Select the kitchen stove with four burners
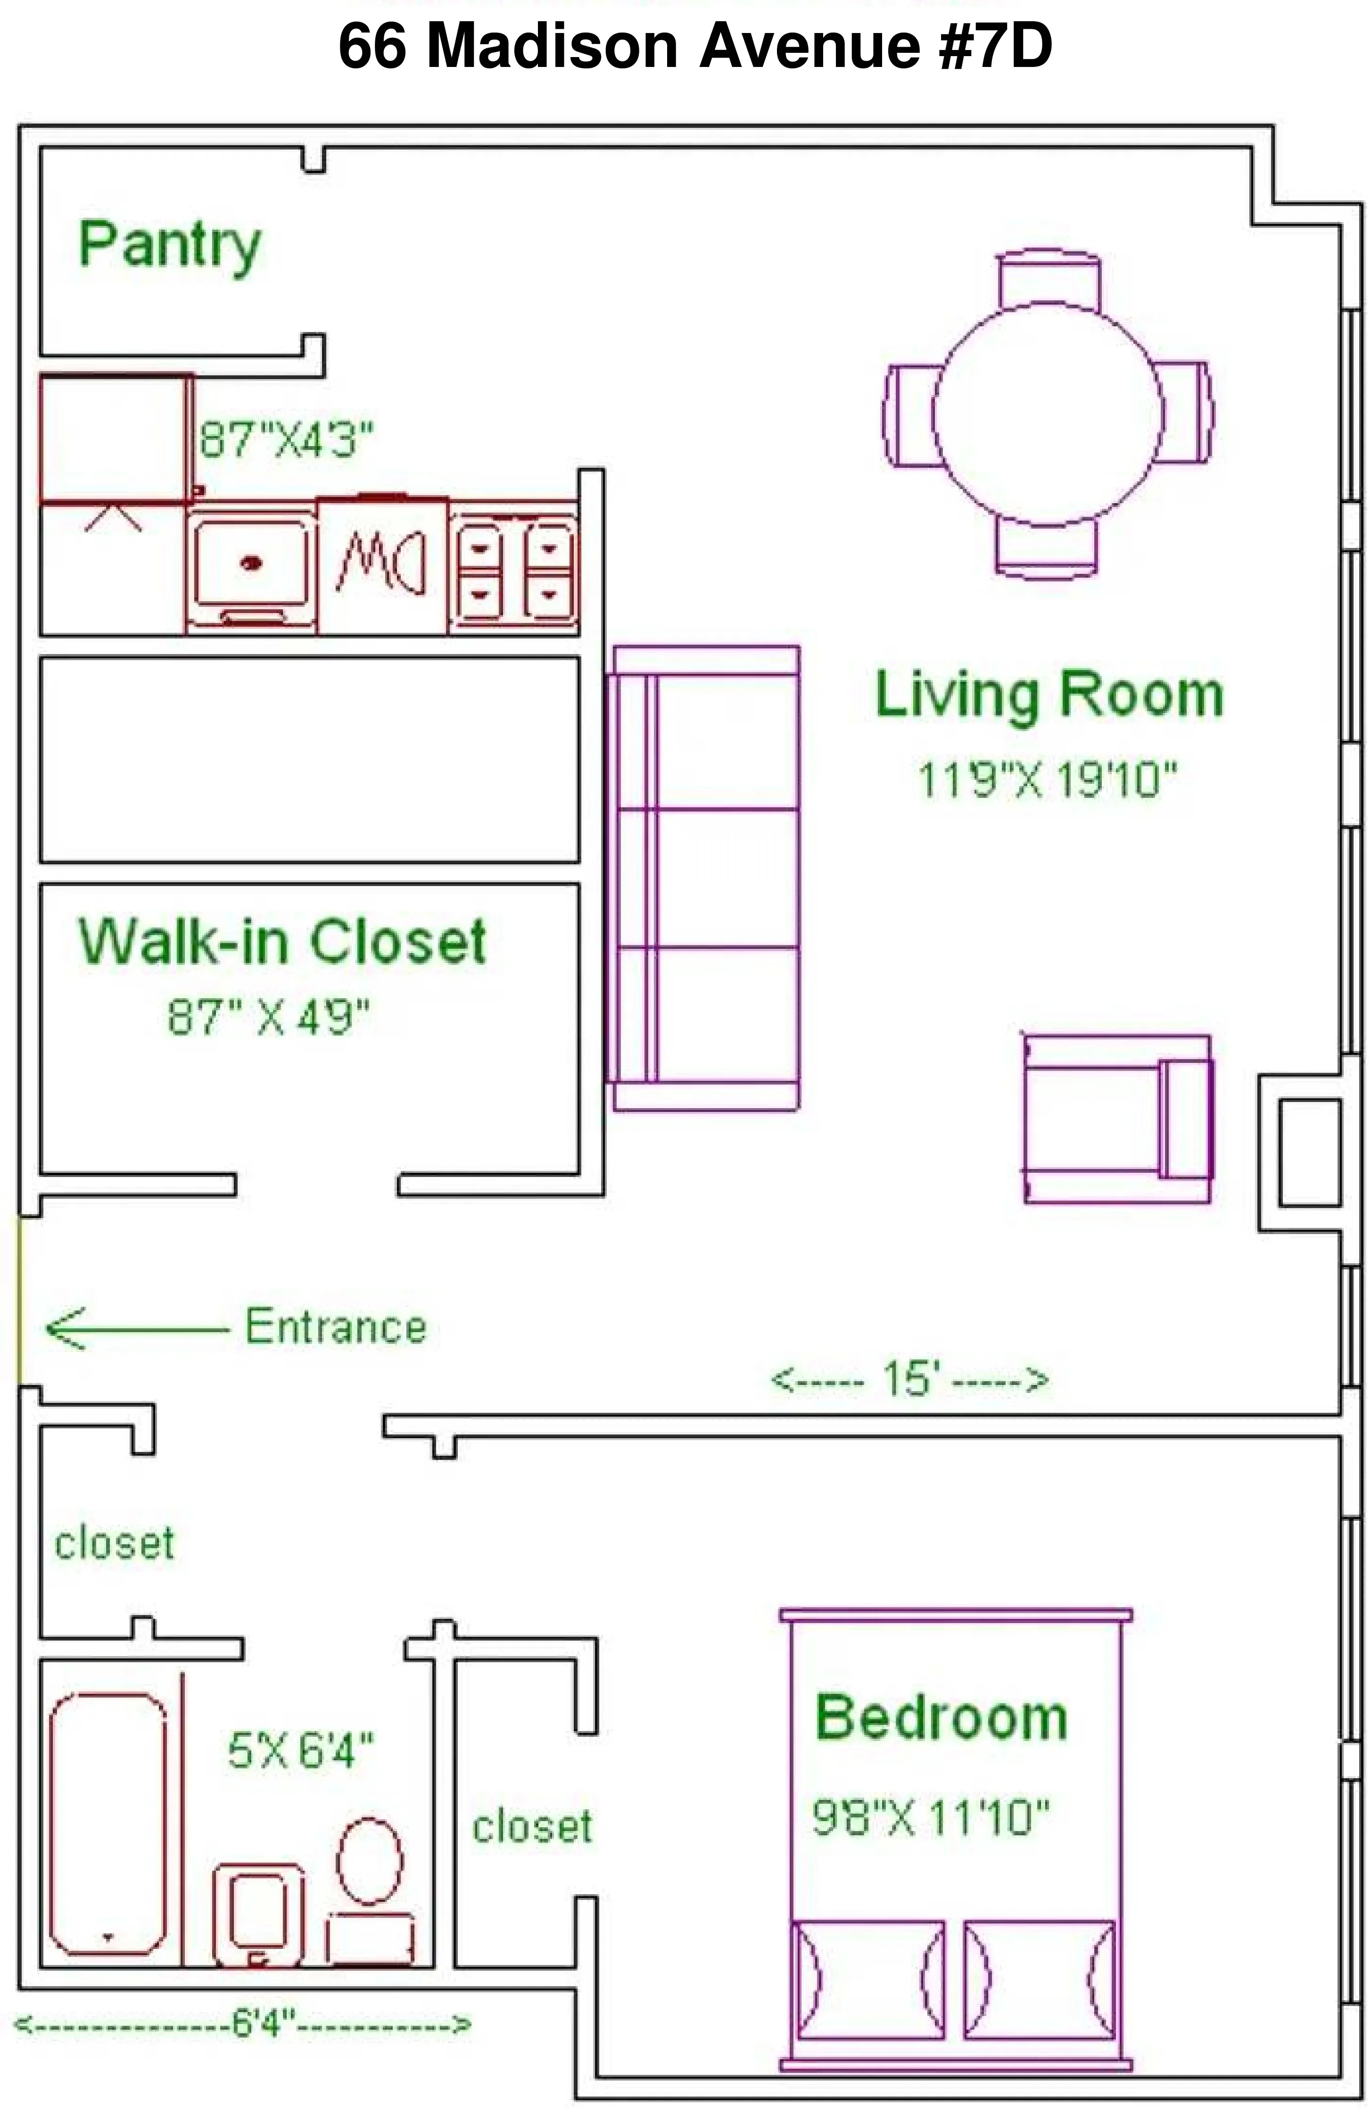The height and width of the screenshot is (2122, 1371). click(x=514, y=570)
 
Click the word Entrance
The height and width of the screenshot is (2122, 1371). click(x=336, y=1327)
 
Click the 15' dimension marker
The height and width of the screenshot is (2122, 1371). click(x=908, y=1379)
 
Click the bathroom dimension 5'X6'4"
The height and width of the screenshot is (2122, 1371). click(x=300, y=1751)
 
